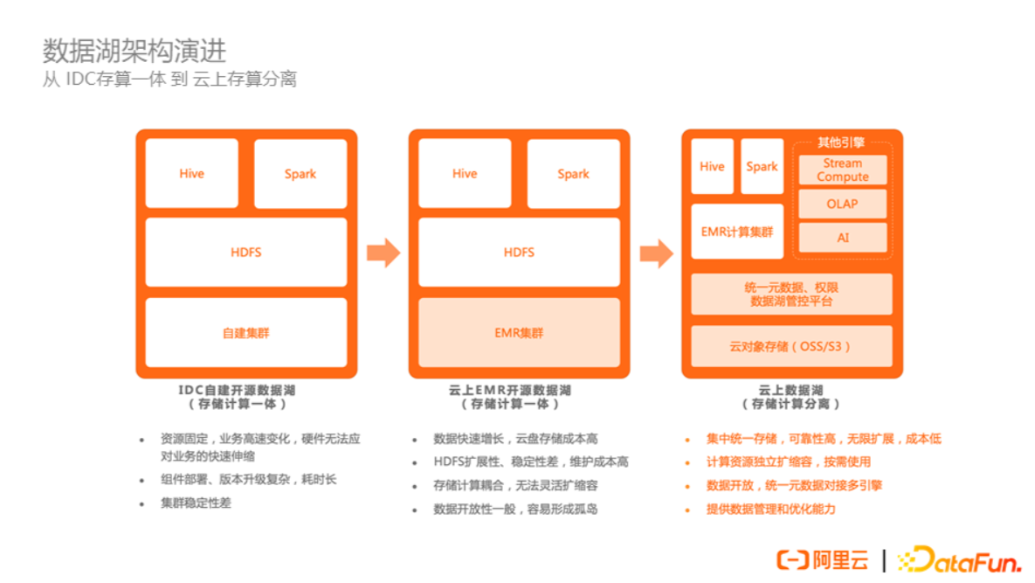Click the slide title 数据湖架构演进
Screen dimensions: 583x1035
[135, 51]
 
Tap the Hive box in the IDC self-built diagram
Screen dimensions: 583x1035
[191, 173]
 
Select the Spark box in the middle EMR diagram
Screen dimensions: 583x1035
[573, 173]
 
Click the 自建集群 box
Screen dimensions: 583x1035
[246, 332]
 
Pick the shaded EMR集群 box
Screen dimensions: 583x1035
[519, 332]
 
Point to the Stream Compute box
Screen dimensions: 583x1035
[842, 170]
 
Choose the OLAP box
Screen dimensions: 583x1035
[842, 204]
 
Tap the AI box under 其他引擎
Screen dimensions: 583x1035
[842, 237]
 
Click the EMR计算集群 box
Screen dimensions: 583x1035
[737, 232]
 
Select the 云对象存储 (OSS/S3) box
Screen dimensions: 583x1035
[791, 346]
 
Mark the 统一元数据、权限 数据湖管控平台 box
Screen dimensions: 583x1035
[791, 294]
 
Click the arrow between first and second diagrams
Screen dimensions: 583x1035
[383, 253]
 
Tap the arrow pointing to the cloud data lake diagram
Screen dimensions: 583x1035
[656, 253]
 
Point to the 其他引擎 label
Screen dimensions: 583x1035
[840, 142]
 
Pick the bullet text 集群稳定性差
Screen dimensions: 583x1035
[196, 503]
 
